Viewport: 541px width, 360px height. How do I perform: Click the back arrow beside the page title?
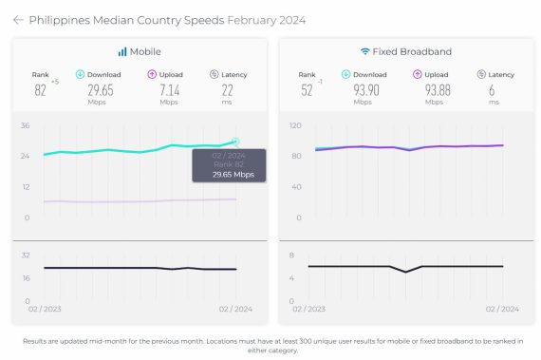tap(17, 19)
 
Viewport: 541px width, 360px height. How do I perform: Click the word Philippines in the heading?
tap(64, 19)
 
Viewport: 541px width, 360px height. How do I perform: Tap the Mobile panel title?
tap(144, 51)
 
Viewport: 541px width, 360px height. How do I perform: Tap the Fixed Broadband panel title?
tap(412, 51)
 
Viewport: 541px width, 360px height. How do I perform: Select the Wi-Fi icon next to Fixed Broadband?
tap(364, 51)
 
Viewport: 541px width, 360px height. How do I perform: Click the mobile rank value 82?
tap(41, 90)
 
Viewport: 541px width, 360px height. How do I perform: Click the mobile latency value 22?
tap(228, 90)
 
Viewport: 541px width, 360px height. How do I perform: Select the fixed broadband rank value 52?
tap(306, 90)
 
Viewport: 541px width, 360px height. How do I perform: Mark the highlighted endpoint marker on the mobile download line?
tap(235, 142)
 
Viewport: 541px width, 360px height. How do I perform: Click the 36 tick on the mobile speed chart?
tap(26, 125)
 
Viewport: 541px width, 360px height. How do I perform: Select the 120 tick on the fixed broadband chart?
tap(295, 125)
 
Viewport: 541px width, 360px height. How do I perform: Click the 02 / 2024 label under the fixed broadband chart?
tap(502, 310)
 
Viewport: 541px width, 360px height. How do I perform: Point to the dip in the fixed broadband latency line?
tap(406, 273)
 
